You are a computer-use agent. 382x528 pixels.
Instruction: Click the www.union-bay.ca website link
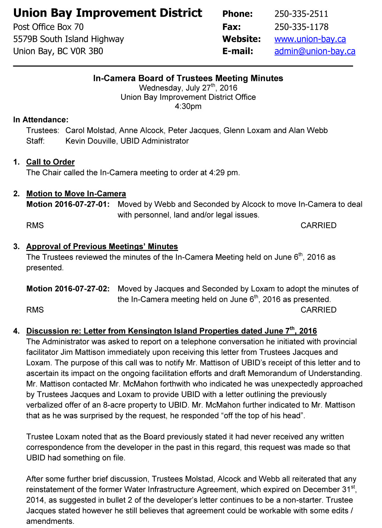310,39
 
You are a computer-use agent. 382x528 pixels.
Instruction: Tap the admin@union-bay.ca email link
315,51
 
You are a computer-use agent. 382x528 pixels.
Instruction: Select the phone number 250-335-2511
301,14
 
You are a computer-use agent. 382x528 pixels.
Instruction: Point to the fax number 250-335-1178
301,27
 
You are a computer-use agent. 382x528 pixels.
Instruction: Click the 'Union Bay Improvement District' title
108,13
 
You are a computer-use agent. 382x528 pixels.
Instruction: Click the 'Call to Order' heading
51,162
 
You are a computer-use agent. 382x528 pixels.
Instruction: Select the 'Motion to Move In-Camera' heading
76,194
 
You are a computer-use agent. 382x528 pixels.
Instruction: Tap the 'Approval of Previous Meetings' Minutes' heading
102,246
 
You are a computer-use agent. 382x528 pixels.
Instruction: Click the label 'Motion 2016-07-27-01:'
68,204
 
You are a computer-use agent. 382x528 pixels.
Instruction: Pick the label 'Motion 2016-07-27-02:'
68,289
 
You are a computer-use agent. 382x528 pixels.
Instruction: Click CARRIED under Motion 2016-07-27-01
318,225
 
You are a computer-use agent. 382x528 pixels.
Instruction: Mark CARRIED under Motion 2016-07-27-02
318,310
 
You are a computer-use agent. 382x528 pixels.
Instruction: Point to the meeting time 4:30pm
188,106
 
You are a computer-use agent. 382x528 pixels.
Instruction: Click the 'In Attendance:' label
41,120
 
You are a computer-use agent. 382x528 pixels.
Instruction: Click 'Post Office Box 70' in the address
48,27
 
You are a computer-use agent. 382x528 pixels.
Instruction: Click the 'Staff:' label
35,141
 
